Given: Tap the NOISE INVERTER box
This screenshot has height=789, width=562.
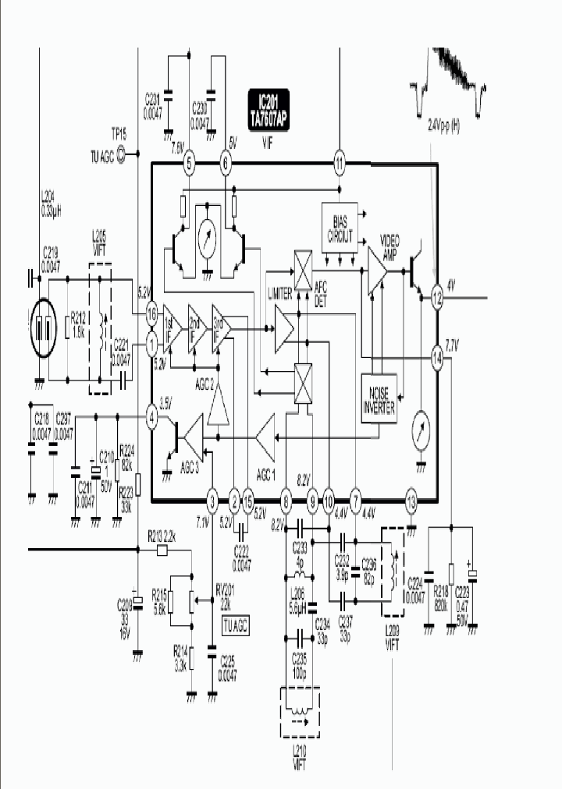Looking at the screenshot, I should (x=379, y=398).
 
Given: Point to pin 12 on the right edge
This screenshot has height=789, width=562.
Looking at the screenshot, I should (x=437, y=297).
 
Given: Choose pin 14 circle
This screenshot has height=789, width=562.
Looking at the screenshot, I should (x=437, y=358).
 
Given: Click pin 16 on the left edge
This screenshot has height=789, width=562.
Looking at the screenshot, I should (x=151, y=312).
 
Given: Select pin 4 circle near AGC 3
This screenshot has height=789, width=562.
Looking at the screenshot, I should (x=151, y=419).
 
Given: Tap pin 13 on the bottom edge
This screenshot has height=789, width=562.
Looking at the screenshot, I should (x=411, y=501).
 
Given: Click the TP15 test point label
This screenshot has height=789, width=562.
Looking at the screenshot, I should (x=117, y=133).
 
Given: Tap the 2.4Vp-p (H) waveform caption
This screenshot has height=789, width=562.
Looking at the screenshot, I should (x=444, y=124).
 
